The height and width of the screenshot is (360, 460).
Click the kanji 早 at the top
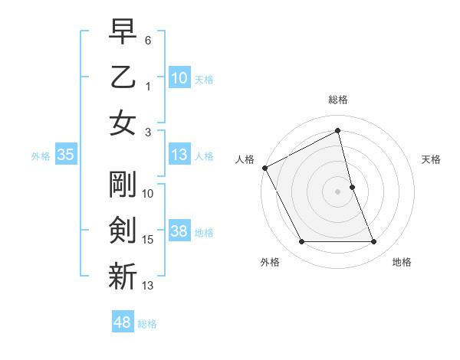coord(123,33)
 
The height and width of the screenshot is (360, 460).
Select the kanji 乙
coord(123,77)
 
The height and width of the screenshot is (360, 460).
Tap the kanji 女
coord(123,123)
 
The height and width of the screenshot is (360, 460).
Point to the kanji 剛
coord(123,184)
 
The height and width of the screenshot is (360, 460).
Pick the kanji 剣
coord(123,230)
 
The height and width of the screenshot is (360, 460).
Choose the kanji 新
coord(123,276)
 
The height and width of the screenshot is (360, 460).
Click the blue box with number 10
coord(179,78)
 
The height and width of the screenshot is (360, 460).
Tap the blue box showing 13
coord(179,155)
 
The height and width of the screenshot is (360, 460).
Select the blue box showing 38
coord(179,232)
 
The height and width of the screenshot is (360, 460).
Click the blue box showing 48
coord(123,322)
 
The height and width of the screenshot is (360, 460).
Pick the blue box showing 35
coord(65,155)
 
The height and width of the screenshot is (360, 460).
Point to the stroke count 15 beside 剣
coord(148,240)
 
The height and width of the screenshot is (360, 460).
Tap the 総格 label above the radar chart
coord(338,100)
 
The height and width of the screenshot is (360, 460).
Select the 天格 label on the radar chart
coord(432,159)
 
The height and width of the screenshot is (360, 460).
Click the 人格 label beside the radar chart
coord(245,159)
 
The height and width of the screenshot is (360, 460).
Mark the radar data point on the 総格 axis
coord(338,131)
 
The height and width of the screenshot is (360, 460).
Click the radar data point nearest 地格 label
coord(374,242)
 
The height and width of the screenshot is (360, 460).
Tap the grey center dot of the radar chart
coord(338,191)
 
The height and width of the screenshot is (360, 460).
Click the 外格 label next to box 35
coord(41,156)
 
